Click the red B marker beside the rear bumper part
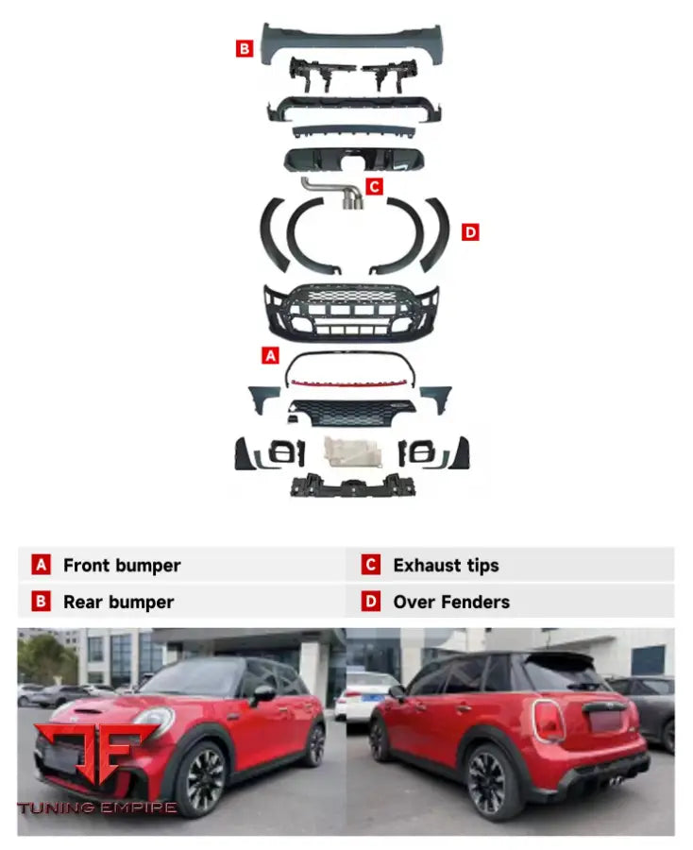(245, 49)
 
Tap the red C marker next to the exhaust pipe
(374, 186)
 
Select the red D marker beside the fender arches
(470, 232)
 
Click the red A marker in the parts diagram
(270, 356)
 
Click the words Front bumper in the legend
(122, 566)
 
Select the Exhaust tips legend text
(446, 566)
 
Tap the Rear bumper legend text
(119, 602)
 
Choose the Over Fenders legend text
(451, 602)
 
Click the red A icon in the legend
(41, 565)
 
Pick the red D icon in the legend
(371, 602)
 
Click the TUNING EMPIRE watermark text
(97, 807)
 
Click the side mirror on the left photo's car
(262, 695)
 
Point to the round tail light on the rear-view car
(549, 721)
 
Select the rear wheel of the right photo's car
(487, 782)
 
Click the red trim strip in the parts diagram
(350, 383)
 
